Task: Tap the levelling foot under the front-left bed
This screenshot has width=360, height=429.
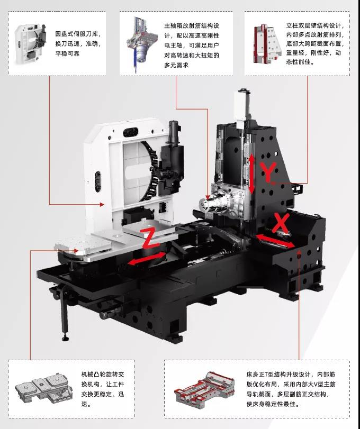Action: (65, 335)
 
